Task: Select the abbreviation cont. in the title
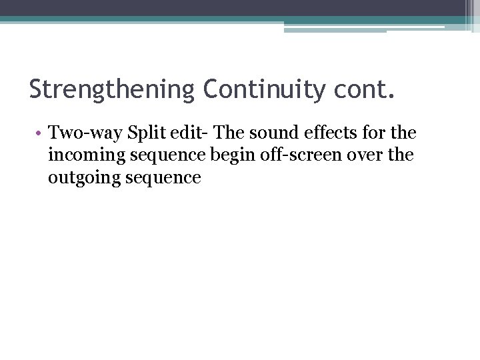click(365, 89)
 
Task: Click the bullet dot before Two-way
click(40, 133)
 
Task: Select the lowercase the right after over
click(400, 155)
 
